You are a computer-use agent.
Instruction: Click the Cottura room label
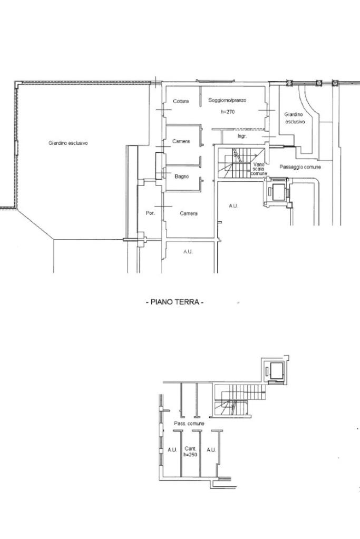[180, 101]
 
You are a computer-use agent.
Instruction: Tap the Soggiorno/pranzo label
[227, 101]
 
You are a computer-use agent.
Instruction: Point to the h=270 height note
[228, 112]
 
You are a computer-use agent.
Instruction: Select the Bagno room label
[181, 177]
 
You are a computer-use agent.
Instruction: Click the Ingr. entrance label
[242, 136]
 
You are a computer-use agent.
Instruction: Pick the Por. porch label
[150, 213]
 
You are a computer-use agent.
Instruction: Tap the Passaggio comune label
[300, 167]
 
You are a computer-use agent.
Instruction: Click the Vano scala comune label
[259, 169]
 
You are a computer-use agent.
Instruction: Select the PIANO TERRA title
[174, 302]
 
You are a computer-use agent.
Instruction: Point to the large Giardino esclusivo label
[68, 143]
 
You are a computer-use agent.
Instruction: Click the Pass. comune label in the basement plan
[189, 424]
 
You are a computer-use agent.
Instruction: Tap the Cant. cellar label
[190, 448]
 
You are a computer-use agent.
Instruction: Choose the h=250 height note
[190, 455]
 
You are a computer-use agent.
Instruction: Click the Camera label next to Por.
[188, 213]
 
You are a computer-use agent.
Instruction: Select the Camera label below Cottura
[181, 141]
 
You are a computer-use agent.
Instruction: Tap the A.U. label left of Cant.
[172, 449]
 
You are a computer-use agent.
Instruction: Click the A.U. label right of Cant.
[211, 449]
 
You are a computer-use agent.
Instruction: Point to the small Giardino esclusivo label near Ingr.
[294, 118]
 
